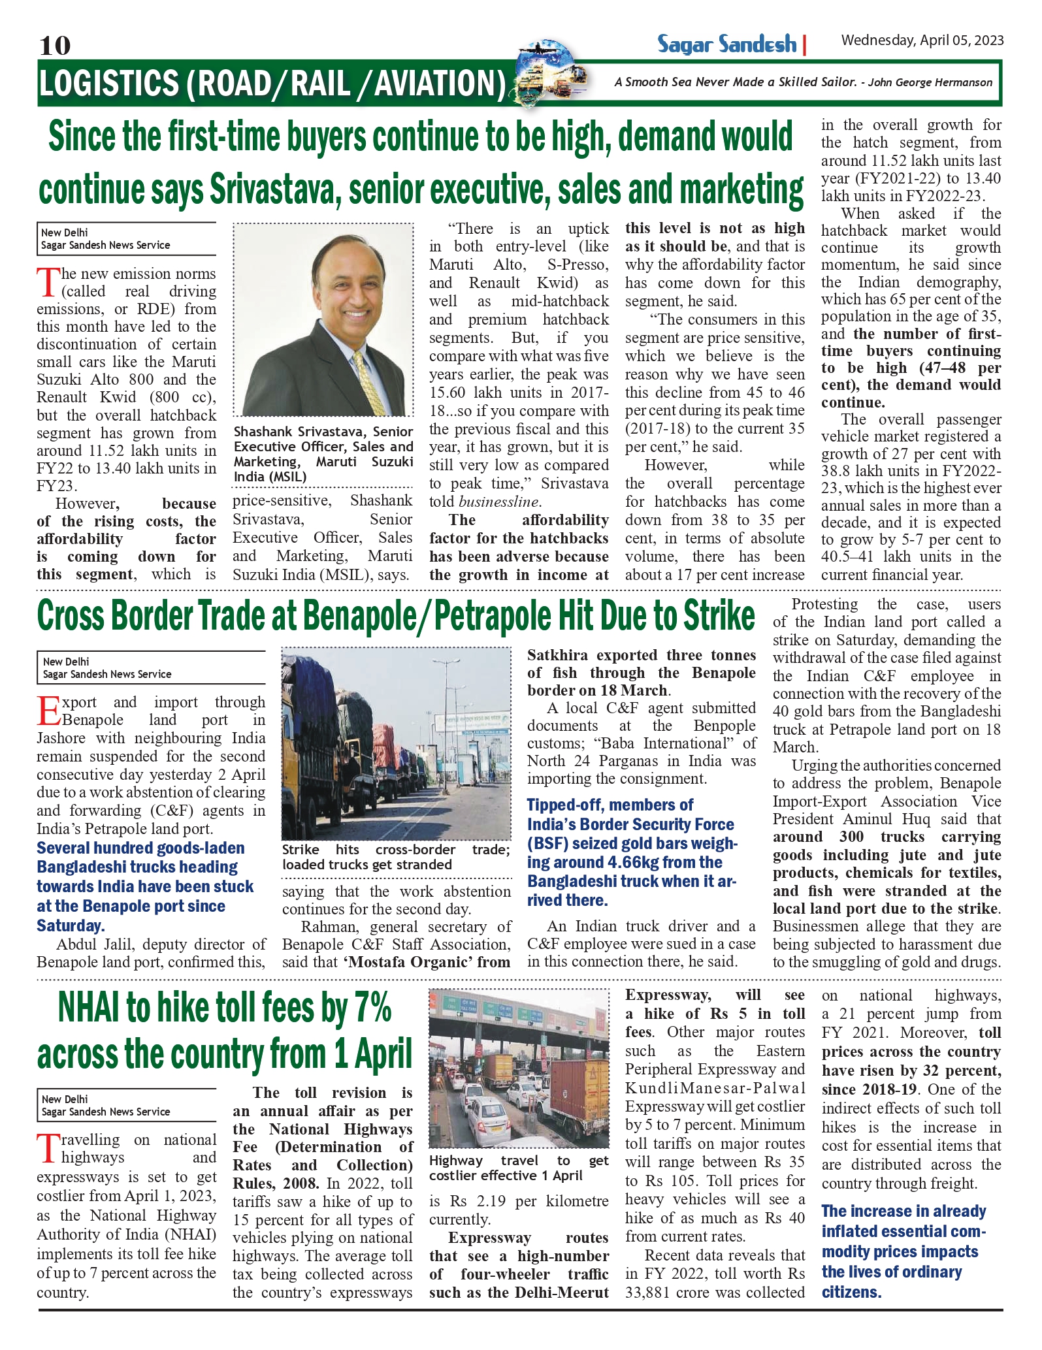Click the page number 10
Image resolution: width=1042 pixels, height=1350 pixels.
55,46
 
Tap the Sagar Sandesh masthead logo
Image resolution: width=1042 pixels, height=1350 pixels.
726,44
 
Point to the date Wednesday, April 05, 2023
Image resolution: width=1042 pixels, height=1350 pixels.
922,40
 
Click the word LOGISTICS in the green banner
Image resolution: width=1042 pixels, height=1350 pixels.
108,84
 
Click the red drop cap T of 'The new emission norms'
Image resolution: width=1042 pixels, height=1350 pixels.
48,283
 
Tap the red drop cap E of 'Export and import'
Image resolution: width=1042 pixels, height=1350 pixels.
49,711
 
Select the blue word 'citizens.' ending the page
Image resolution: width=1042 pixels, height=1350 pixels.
851,1292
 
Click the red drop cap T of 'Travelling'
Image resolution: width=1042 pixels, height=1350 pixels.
48,1149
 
